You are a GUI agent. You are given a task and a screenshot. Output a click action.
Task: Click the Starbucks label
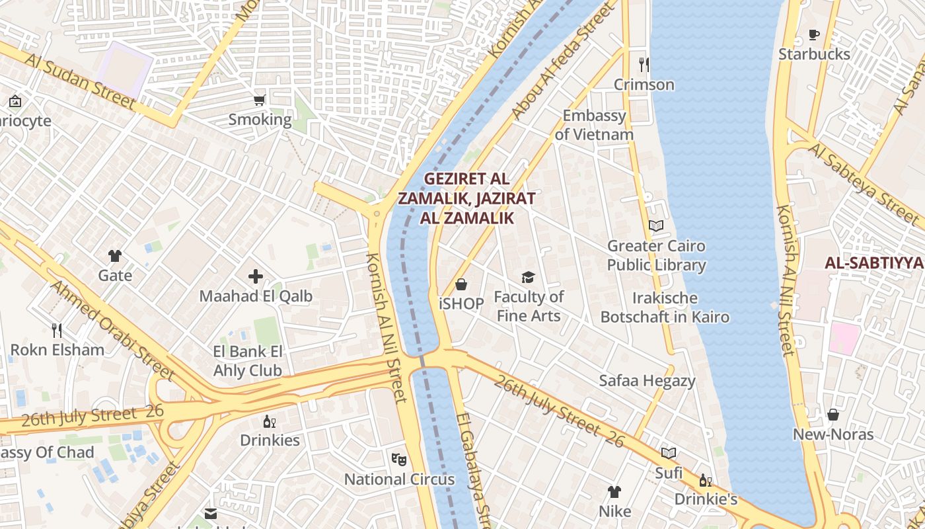click(x=814, y=54)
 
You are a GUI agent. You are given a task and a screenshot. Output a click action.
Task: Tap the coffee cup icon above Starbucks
click(x=814, y=34)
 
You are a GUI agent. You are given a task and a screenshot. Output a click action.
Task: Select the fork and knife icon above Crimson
click(x=644, y=64)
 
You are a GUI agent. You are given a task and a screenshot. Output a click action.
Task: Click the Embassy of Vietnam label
click(x=594, y=125)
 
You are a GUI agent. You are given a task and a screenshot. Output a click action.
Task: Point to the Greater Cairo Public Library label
click(x=656, y=255)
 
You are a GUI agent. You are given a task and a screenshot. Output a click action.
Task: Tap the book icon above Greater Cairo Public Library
click(x=656, y=225)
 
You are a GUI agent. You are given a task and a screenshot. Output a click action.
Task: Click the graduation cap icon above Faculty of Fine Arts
click(x=528, y=276)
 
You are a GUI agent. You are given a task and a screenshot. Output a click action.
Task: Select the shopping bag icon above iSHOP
click(x=461, y=284)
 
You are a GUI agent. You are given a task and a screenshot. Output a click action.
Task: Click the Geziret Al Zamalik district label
click(x=466, y=198)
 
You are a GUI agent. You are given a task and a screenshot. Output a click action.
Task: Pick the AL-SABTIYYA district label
click(x=873, y=263)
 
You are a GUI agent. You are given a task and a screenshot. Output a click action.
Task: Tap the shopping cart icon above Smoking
click(x=260, y=101)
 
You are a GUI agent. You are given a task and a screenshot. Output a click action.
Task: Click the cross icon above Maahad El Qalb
click(x=256, y=276)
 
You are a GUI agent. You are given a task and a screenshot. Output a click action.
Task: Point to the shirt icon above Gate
click(x=115, y=255)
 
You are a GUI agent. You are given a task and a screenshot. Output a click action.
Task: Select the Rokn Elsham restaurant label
click(x=57, y=350)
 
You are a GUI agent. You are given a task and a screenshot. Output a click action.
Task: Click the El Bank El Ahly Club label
click(x=248, y=361)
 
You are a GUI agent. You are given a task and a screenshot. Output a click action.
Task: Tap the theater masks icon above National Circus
click(x=399, y=458)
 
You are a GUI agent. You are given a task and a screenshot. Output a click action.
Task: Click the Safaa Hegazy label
click(x=647, y=380)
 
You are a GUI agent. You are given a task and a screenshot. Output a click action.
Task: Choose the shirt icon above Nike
click(x=614, y=491)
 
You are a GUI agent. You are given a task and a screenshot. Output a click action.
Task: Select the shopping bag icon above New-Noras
click(x=833, y=415)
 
